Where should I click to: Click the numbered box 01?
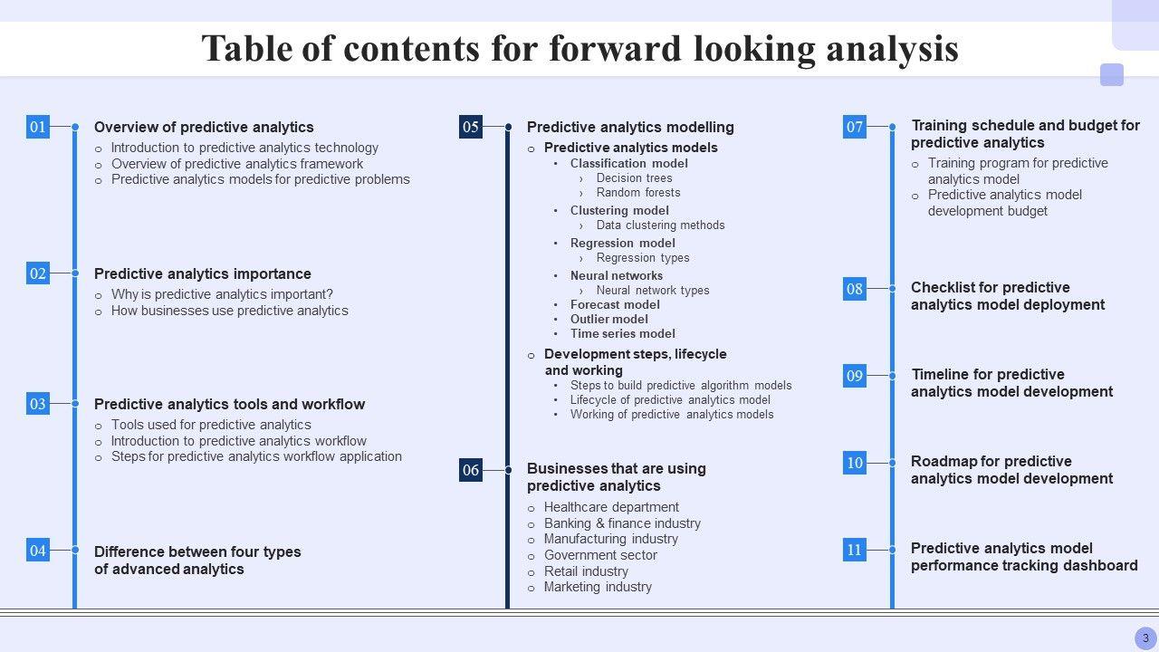point(38,127)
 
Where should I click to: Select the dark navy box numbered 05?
point(470,127)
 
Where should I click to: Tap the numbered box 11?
point(854,550)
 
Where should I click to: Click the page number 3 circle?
point(1145,638)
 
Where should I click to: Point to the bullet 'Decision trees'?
point(635,178)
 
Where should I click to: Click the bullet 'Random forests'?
point(638,193)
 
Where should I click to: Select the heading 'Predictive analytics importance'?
point(203,273)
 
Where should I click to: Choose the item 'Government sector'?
point(600,555)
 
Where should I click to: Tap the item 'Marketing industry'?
point(598,587)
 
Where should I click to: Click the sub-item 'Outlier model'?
point(609,320)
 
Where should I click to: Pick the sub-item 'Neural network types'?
point(653,291)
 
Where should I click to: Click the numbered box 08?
point(854,288)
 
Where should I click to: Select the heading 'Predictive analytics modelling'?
point(630,128)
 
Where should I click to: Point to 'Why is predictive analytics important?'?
point(222,294)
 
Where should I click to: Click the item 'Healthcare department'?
point(611,507)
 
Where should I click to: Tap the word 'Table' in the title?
point(247,49)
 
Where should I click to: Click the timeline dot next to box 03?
point(75,404)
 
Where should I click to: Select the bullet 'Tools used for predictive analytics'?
point(211,425)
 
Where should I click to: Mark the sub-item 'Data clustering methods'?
point(660,225)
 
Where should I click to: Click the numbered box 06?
point(470,470)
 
